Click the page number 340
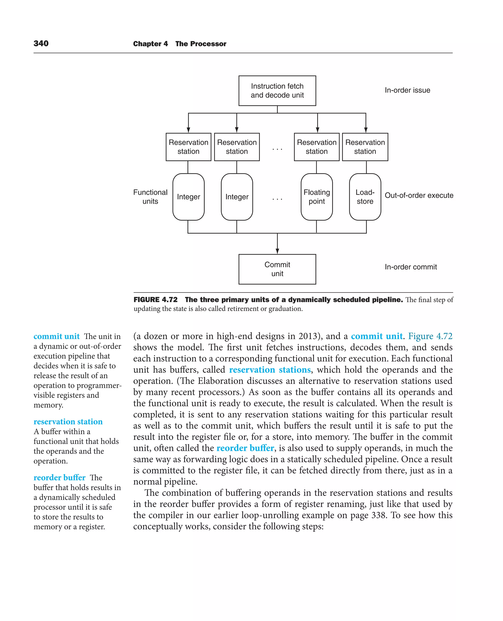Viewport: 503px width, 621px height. tap(41, 44)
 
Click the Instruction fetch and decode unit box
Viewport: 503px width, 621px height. tap(277, 91)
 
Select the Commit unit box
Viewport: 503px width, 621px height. tap(277, 269)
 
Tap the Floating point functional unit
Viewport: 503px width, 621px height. tap(316, 197)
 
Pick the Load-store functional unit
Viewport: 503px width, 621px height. tap(365, 197)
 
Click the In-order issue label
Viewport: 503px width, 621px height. tap(407, 90)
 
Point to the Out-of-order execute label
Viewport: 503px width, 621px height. tap(419, 195)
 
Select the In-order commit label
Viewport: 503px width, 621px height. tap(411, 267)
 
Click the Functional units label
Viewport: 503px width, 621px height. tap(150, 197)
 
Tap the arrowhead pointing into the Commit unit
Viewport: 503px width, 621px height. tap(277, 251)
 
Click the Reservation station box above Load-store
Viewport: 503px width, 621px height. tap(365, 147)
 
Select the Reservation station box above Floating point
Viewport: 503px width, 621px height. tap(316, 147)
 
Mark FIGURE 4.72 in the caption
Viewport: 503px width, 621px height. tap(155, 300)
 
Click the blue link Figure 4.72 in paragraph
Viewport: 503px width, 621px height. tap(430, 336)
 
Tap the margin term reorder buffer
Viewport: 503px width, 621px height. tap(59, 477)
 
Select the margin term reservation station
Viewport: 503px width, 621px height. tap(68, 421)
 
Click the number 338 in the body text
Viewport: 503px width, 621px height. tap(379, 515)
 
